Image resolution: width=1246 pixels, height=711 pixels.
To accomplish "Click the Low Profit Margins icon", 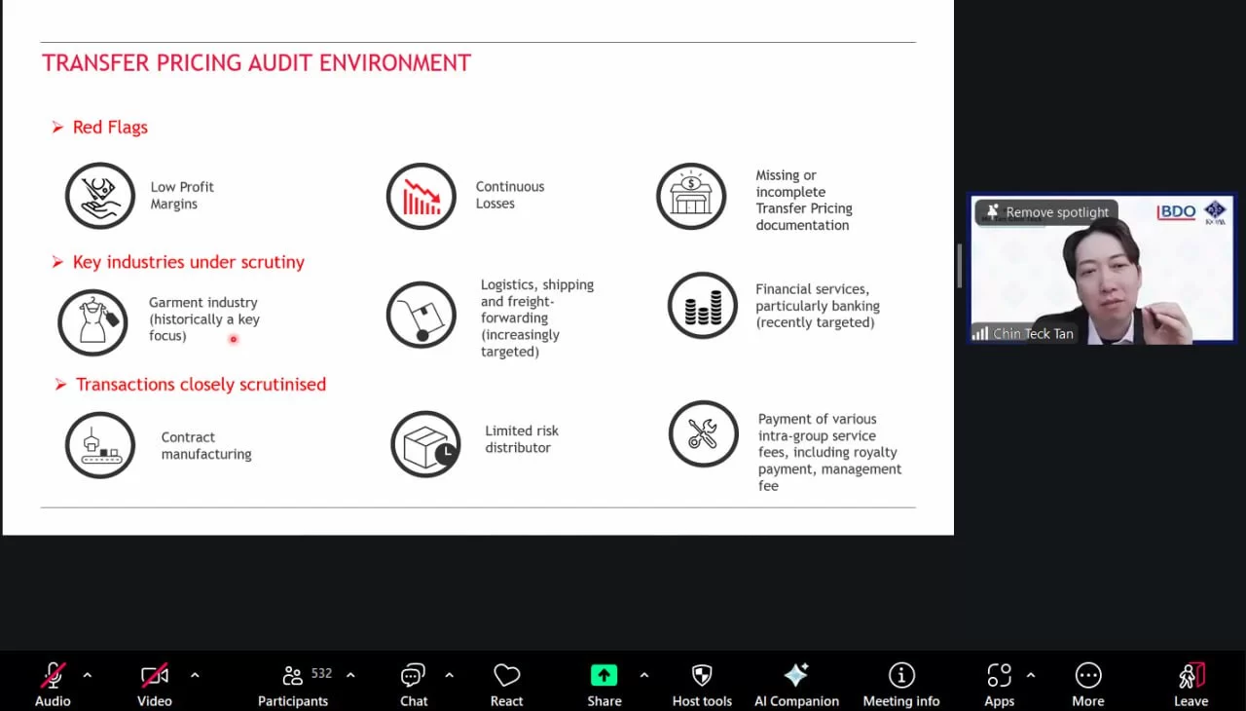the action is pos(100,195).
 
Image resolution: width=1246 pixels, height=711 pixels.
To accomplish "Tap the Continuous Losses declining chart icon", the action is pos(421,196).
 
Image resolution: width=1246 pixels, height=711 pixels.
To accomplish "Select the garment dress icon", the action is pos(92,322).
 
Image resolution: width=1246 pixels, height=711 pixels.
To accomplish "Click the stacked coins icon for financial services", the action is pos(703,306).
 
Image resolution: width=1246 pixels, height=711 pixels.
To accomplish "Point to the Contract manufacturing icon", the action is pos(100,445).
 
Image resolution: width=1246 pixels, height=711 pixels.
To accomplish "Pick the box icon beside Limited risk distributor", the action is pos(425,444).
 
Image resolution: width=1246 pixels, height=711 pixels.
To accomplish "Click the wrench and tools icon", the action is pos(704,434).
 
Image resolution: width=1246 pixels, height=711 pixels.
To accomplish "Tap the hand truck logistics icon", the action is pos(421,315).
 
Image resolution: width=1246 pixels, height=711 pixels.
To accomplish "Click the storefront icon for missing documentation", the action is pos(691,196).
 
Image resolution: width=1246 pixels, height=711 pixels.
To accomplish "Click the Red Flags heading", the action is pos(110,128).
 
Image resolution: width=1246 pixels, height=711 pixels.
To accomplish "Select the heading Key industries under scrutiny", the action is pos(189,262).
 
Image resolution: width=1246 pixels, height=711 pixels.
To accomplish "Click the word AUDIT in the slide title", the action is pos(280,63).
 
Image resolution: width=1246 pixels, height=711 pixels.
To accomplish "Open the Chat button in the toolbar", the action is pos(414,685).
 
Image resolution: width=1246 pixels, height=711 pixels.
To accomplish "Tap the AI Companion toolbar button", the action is pos(796,685).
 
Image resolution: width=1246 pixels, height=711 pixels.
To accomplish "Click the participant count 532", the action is pos(321,674).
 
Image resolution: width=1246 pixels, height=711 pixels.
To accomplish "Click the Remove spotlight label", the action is pos(1057,212).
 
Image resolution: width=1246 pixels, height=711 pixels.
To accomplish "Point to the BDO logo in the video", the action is pos(1177,211).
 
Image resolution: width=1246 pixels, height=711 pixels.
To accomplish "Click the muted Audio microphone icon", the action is pos(53,675).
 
